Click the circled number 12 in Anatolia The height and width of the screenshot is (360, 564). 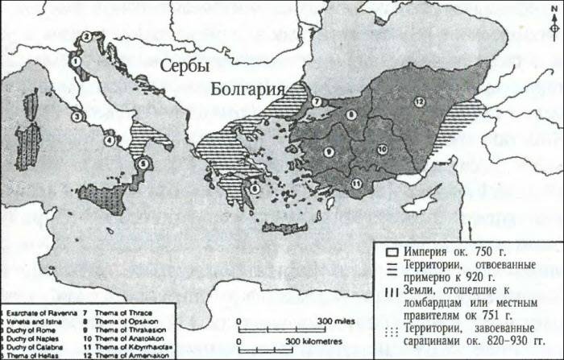click(420, 101)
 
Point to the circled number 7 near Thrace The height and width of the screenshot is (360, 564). click(317, 101)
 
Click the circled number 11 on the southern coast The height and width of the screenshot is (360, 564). click(355, 184)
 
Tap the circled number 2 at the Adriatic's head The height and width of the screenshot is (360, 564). click(85, 36)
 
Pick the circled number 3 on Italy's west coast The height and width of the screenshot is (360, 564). click(77, 117)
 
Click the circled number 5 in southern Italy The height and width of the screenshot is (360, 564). click(143, 163)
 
